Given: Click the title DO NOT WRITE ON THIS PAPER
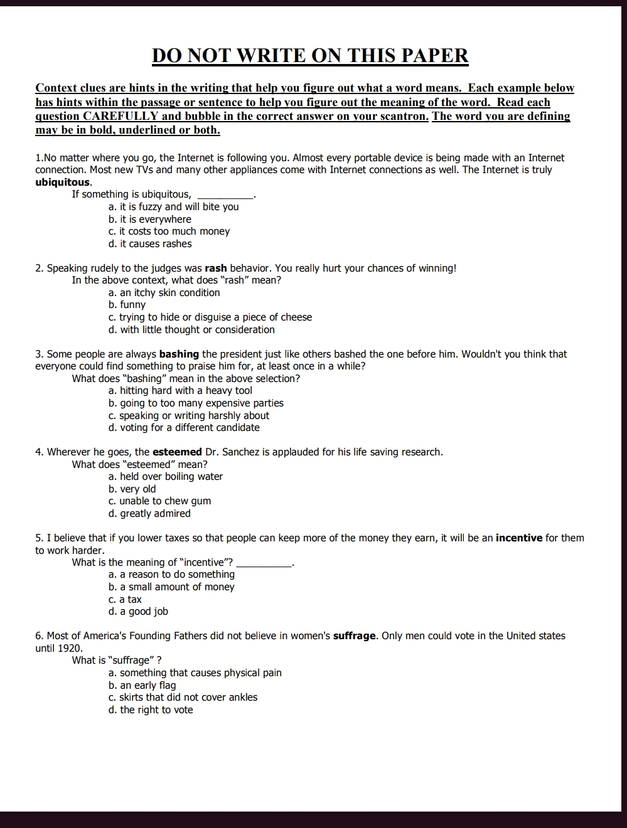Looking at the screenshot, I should [310, 56].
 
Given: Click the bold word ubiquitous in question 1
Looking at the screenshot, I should [63, 183].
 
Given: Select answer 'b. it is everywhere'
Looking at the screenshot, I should [149, 220].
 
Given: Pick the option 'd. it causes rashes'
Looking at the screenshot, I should [150, 244].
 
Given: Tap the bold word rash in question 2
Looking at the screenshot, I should [216, 268].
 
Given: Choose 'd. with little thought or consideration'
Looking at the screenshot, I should [191, 330].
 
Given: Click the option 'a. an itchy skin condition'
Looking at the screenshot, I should [164, 293].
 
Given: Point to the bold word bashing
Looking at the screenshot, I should [179, 354].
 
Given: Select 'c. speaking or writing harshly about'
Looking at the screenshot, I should [188, 416].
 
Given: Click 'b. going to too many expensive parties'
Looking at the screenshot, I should [196, 403].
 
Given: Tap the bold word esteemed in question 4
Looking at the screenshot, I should [177, 452].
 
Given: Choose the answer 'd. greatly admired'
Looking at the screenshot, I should [149, 514].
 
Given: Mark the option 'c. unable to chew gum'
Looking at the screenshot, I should [159, 501].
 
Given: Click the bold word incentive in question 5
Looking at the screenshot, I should [518, 538].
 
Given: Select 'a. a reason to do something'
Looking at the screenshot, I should [171, 575].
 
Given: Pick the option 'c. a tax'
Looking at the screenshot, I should [125, 600].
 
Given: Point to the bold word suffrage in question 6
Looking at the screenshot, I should [355, 636].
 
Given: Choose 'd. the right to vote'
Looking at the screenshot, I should [151, 710].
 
